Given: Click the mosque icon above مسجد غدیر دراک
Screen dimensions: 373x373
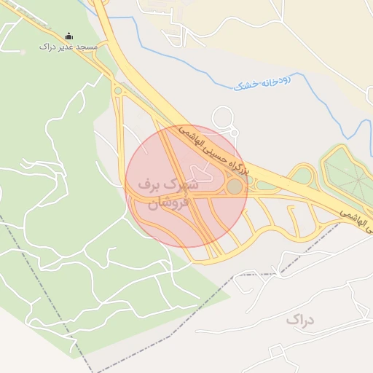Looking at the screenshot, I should tap(69, 36).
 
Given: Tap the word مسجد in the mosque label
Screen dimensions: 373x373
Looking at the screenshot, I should tap(85, 47).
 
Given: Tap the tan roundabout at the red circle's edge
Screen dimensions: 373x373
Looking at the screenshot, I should tap(234, 187).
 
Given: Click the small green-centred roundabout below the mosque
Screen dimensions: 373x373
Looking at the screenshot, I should tap(117, 91).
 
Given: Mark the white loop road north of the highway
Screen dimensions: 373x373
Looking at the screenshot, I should tap(224, 119).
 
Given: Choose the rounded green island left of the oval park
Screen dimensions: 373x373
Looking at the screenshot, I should tap(301, 176).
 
